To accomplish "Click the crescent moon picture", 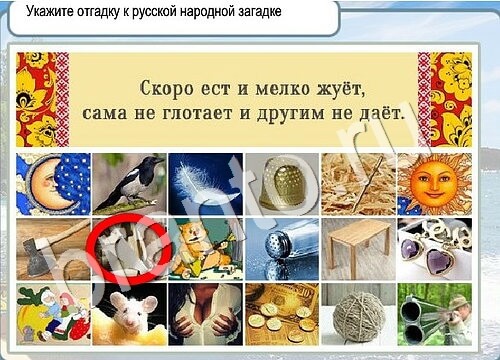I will tap(53, 183).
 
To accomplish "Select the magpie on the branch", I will tap(129, 183).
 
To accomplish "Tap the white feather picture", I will tap(205, 183).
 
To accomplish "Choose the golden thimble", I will tap(282, 183).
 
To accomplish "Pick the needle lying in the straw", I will tap(358, 183).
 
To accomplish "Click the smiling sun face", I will tap(435, 183).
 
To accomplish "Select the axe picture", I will tap(53, 248).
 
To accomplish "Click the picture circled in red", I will tap(129, 248).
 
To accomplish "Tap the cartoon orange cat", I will tap(205, 248).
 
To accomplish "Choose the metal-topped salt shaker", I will tap(282, 248).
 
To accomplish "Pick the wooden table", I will tap(358, 248).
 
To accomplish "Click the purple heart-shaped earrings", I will tap(435, 248).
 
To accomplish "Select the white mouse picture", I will tap(129, 313).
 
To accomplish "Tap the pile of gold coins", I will tap(282, 313).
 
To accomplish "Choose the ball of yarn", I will tap(358, 313).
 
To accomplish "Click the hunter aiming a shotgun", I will tap(435, 313).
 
